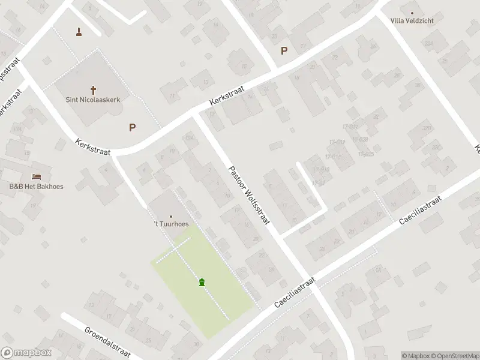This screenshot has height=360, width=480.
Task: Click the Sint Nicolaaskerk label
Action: (93, 100)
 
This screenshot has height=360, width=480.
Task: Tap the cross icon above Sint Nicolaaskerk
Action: (93, 89)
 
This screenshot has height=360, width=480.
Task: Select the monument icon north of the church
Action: (79, 31)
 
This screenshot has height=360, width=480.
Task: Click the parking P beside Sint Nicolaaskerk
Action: (132, 127)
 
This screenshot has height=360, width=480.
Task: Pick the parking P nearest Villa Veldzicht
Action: (284, 51)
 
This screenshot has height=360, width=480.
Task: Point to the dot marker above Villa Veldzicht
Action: (412, 12)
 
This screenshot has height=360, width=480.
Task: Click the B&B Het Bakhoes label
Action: (36, 187)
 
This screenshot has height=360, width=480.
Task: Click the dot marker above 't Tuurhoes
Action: (171, 216)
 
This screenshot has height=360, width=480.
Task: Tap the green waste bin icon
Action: (202, 281)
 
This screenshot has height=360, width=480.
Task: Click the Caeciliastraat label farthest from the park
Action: (420, 211)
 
